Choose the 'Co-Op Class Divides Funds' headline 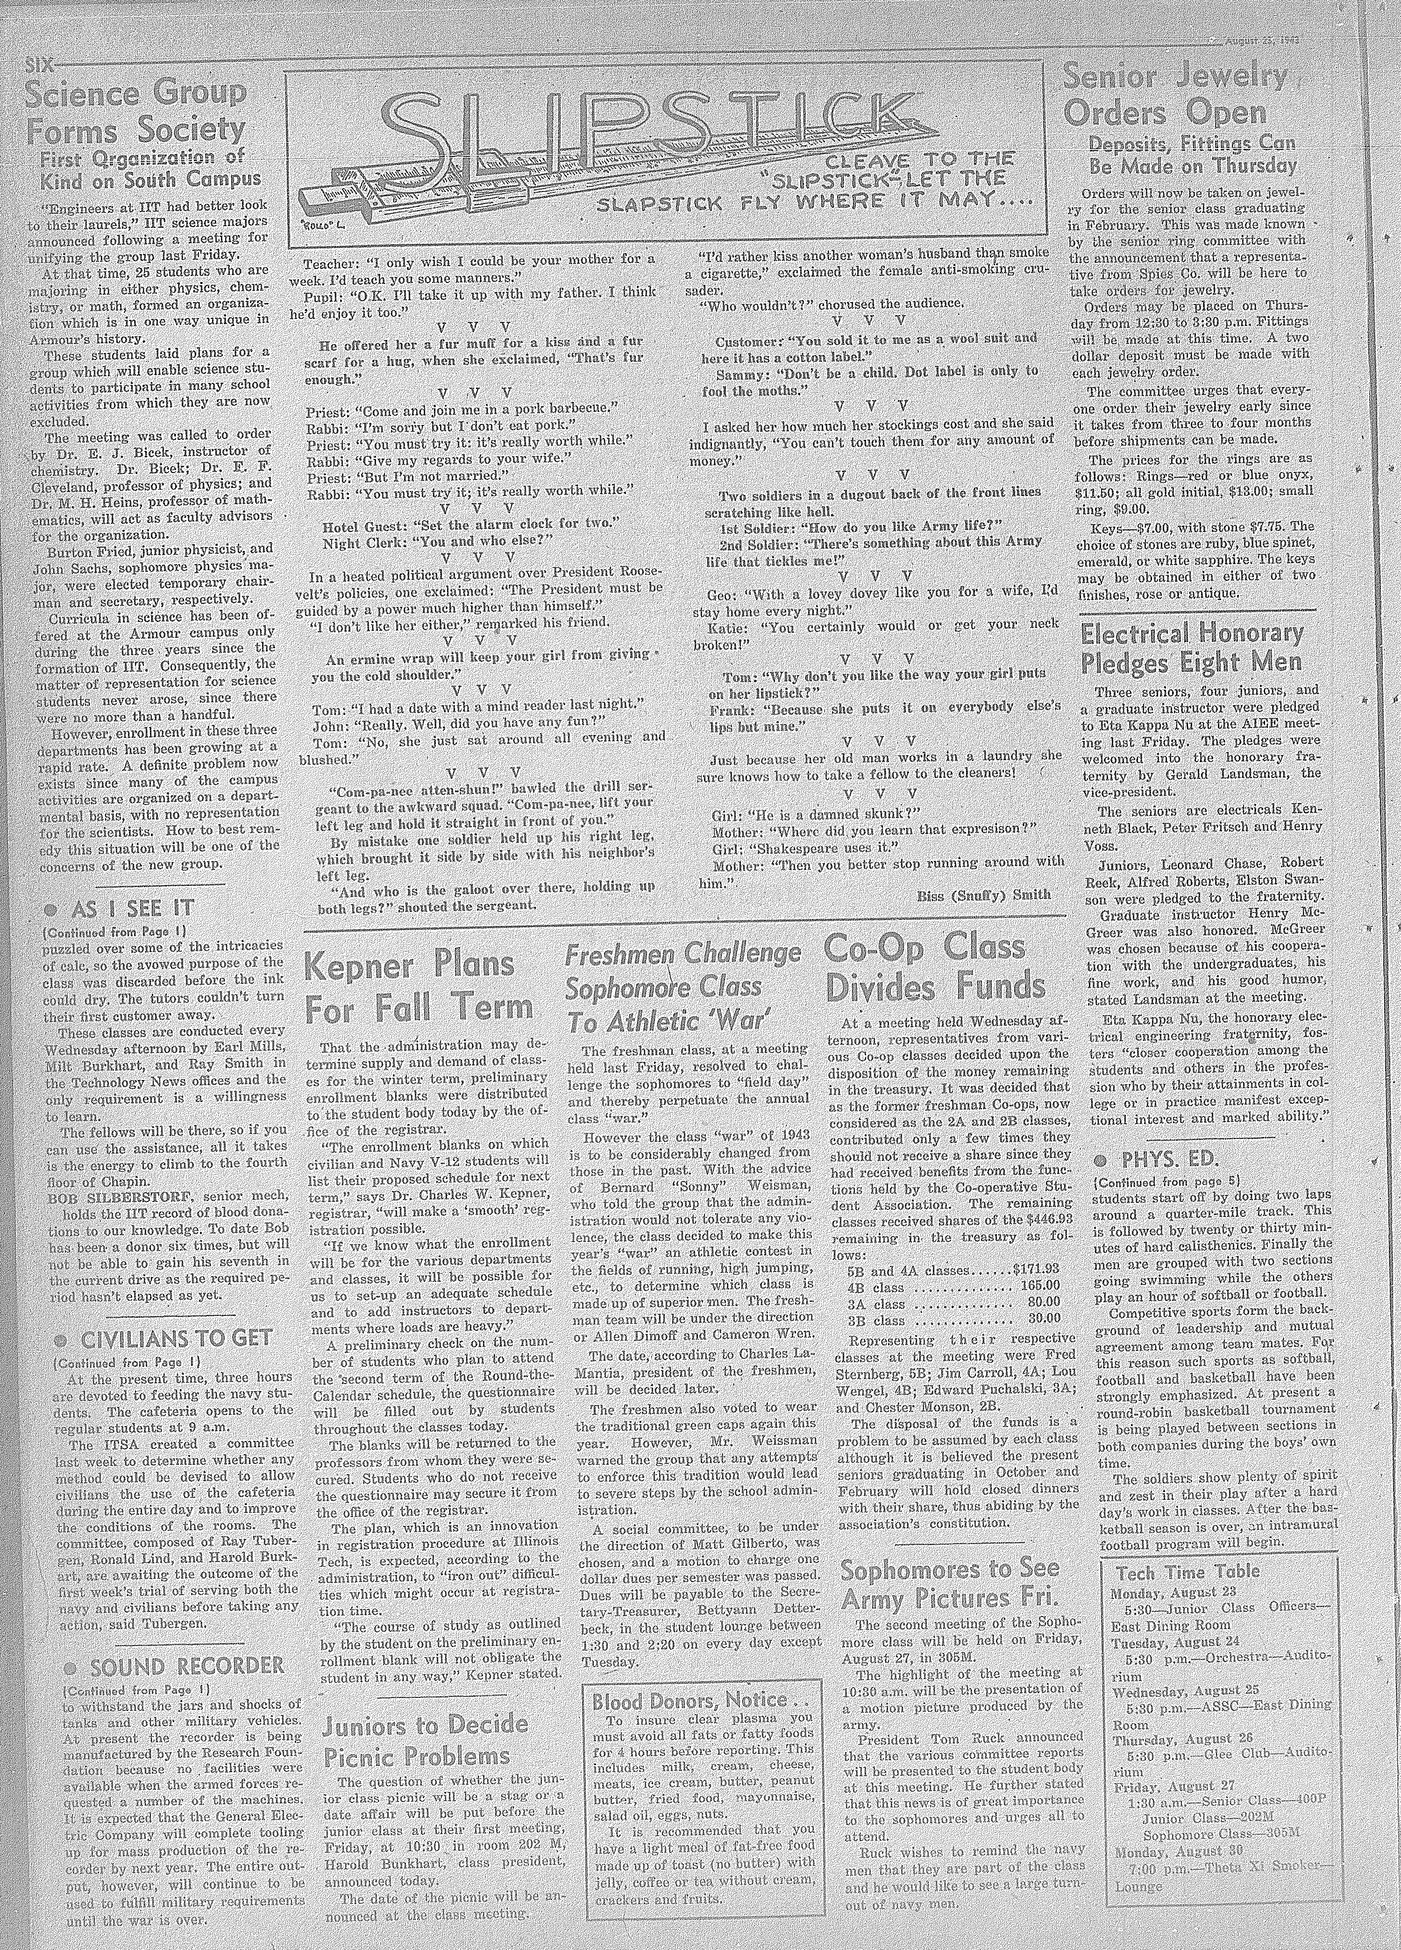935,967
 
